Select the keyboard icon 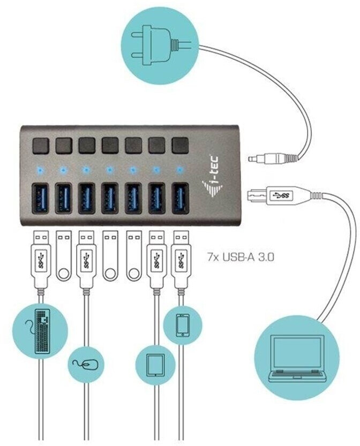click(x=41, y=331)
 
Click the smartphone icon click(x=182, y=325)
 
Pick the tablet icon click(x=155, y=365)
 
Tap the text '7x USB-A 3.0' click(x=241, y=258)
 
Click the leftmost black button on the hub click(x=40, y=146)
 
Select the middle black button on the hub click(x=110, y=145)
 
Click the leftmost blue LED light click(x=40, y=171)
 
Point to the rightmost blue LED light click(x=179, y=170)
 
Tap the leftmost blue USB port click(x=40, y=198)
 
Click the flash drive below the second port click(x=63, y=256)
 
